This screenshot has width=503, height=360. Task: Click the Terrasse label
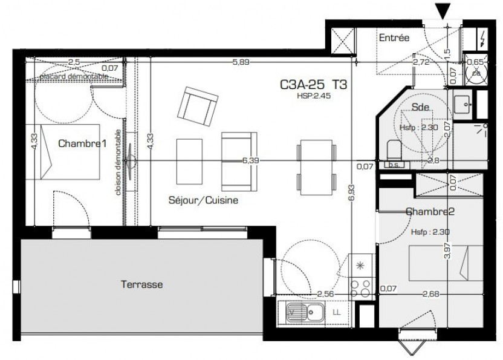[x=141, y=284]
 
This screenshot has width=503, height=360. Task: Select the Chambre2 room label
[x=429, y=212]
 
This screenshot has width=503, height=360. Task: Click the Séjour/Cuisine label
[x=203, y=200]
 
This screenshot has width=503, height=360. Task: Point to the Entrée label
[x=394, y=38]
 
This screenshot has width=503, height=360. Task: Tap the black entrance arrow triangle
[x=445, y=10]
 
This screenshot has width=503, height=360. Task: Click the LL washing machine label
[x=337, y=313]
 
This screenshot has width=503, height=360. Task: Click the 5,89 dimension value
[x=242, y=61]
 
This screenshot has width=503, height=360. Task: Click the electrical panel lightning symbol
[x=482, y=40]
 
